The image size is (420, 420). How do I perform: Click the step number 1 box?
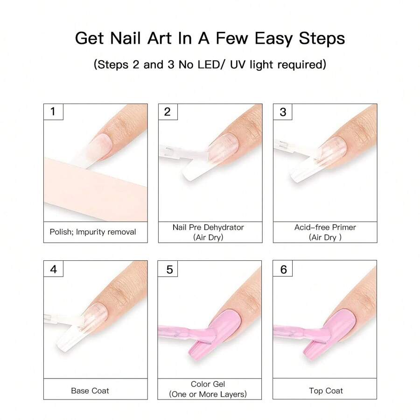[x=53, y=112]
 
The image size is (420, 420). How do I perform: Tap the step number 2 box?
[x=168, y=112]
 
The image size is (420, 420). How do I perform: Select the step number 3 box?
[x=283, y=112]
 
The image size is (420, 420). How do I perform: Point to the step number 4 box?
[x=53, y=269]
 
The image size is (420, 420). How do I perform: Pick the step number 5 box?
[x=168, y=269]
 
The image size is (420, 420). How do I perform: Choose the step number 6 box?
[x=283, y=269]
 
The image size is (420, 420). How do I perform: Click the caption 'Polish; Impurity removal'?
[x=93, y=232]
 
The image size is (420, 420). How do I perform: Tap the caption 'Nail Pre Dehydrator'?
[x=208, y=227]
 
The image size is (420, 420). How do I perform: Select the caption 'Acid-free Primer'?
[x=325, y=227]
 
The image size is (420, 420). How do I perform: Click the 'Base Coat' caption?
[x=90, y=391]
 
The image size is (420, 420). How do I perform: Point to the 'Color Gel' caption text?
[x=208, y=384]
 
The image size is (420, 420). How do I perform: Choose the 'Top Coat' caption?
[x=326, y=391]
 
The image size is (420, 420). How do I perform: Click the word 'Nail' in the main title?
[x=126, y=38]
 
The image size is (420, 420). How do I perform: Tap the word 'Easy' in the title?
[x=273, y=39]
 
